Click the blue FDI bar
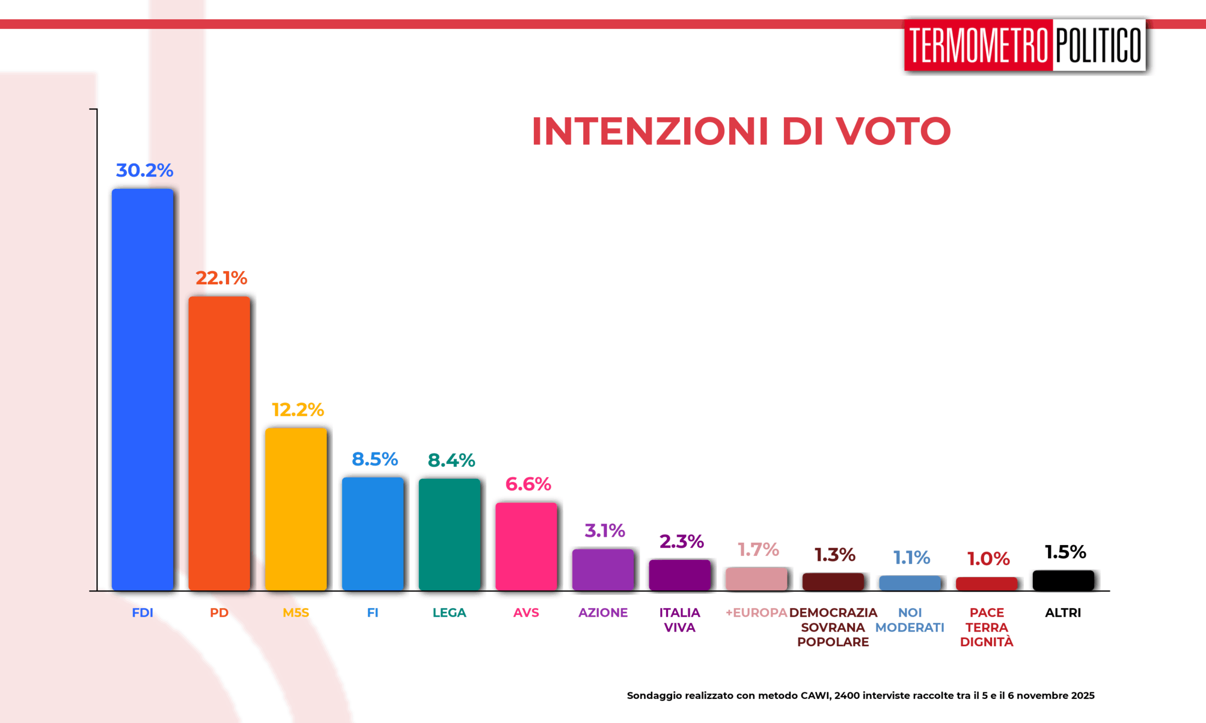[x=143, y=389]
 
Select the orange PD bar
[x=219, y=443]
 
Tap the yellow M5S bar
[x=296, y=509]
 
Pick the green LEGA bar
[x=450, y=534]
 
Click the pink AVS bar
[x=526, y=546]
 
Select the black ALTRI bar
[x=1063, y=581]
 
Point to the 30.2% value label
[x=144, y=170]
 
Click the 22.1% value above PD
[x=221, y=278]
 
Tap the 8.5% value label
[x=374, y=459]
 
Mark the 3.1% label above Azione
[x=605, y=530]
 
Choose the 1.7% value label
[x=758, y=549]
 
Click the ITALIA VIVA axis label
[x=680, y=620]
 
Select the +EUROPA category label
[x=756, y=613]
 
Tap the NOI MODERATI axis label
[x=910, y=620]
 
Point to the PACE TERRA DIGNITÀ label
[x=987, y=627]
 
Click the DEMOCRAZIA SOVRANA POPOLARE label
[x=833, y=627]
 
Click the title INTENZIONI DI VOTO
[x=741, y=131]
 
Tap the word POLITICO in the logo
[x=1099, y=45]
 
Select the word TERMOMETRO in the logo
[x=979, y=45]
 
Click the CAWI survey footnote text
[x=861, y=696]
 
